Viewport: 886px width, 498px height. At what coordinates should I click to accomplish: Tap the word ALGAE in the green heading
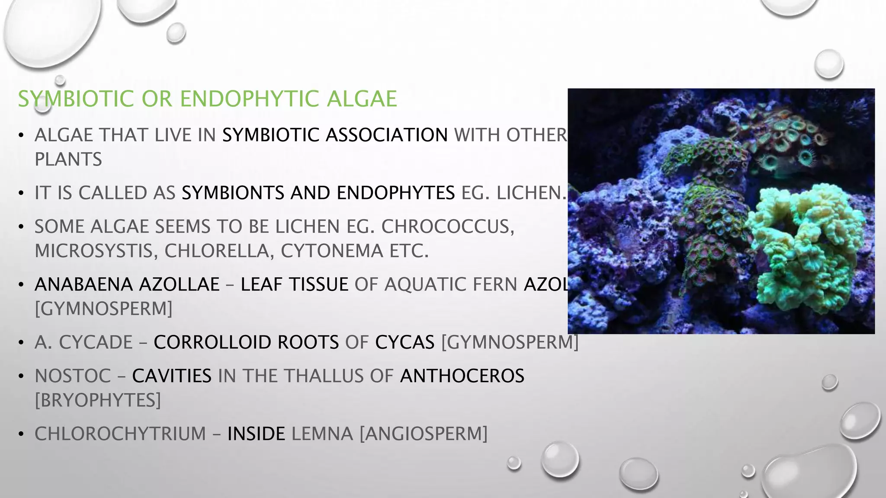click(362, 99)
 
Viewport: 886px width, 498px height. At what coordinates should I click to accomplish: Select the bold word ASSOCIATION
click(387, 135)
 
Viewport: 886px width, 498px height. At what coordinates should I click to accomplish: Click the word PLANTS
click(68, 160)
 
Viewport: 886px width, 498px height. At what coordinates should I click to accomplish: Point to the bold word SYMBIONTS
click(233, 193)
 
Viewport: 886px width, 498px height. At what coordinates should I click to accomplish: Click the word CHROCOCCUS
click(447, 227)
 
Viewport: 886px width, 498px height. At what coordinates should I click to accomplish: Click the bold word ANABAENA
click(83, 284)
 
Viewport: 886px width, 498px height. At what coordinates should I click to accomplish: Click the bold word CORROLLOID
click(246, 342)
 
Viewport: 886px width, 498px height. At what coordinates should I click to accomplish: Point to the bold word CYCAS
click(404, 342)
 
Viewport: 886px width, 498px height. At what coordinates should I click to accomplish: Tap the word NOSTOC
click(73, 376)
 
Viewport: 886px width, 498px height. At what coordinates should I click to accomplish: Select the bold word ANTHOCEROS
click(462, 376)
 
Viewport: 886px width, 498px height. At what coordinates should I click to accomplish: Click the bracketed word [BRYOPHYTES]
click(98, 400)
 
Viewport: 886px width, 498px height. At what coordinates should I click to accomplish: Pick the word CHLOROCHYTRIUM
click(120, 434)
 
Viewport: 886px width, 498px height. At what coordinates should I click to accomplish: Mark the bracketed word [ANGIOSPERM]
click(424, 434)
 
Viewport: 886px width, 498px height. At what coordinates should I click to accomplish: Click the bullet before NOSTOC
click(21, 377)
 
